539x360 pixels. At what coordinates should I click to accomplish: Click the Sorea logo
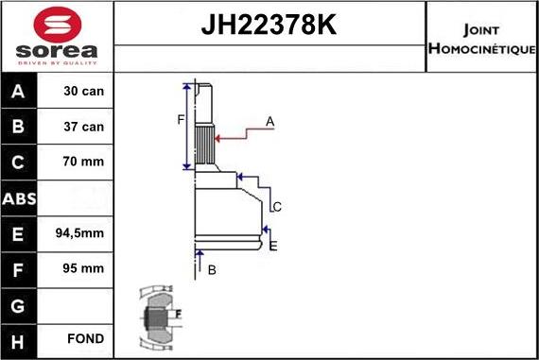56,37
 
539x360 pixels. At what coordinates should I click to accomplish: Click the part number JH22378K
269,25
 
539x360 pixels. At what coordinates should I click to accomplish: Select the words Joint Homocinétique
481,37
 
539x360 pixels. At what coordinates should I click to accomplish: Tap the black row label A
20,92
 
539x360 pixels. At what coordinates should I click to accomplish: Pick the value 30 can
84,92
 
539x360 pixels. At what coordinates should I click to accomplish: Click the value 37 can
84,127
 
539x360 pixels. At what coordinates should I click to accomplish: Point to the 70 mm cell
84,163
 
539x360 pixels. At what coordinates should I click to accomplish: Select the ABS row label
20,197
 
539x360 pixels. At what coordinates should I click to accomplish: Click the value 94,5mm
84,233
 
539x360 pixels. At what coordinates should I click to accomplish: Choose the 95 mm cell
84,268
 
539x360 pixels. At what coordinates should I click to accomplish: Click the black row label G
20,304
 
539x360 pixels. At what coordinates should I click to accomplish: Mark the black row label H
20,339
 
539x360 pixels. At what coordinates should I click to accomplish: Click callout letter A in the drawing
270,121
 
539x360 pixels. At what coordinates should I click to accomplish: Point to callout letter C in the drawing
277,207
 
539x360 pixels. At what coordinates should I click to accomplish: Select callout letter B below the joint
212,270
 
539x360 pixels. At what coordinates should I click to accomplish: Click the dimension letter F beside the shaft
181,119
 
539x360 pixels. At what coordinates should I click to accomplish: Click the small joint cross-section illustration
159,317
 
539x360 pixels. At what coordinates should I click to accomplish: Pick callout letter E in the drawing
273,247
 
